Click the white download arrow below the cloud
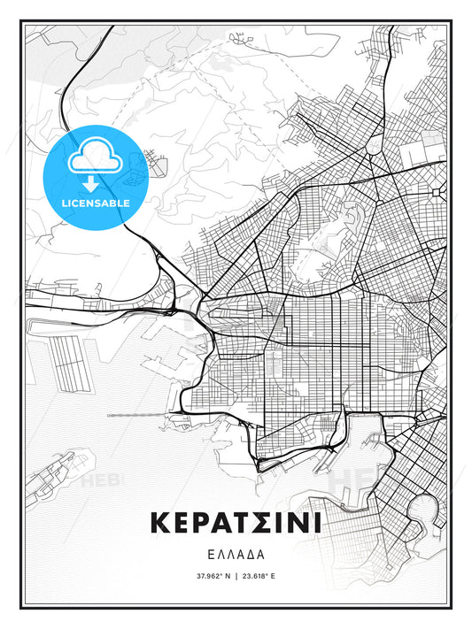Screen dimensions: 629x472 [95, 185]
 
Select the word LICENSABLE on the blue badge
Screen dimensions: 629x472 [95, 203]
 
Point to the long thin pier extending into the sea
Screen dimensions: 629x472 [142, 414]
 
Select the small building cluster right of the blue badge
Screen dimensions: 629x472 [160, 163]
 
